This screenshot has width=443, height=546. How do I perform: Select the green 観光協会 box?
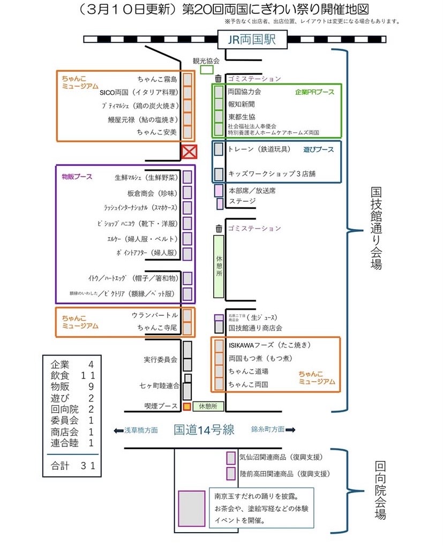click(206, 70)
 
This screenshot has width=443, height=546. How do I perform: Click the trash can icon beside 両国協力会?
click(218, 79)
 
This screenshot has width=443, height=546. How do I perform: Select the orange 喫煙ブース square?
click(186, 407)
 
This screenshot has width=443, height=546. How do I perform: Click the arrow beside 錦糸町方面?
click(291, 430)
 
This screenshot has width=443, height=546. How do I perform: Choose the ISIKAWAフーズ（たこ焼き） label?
click(269, 345)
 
